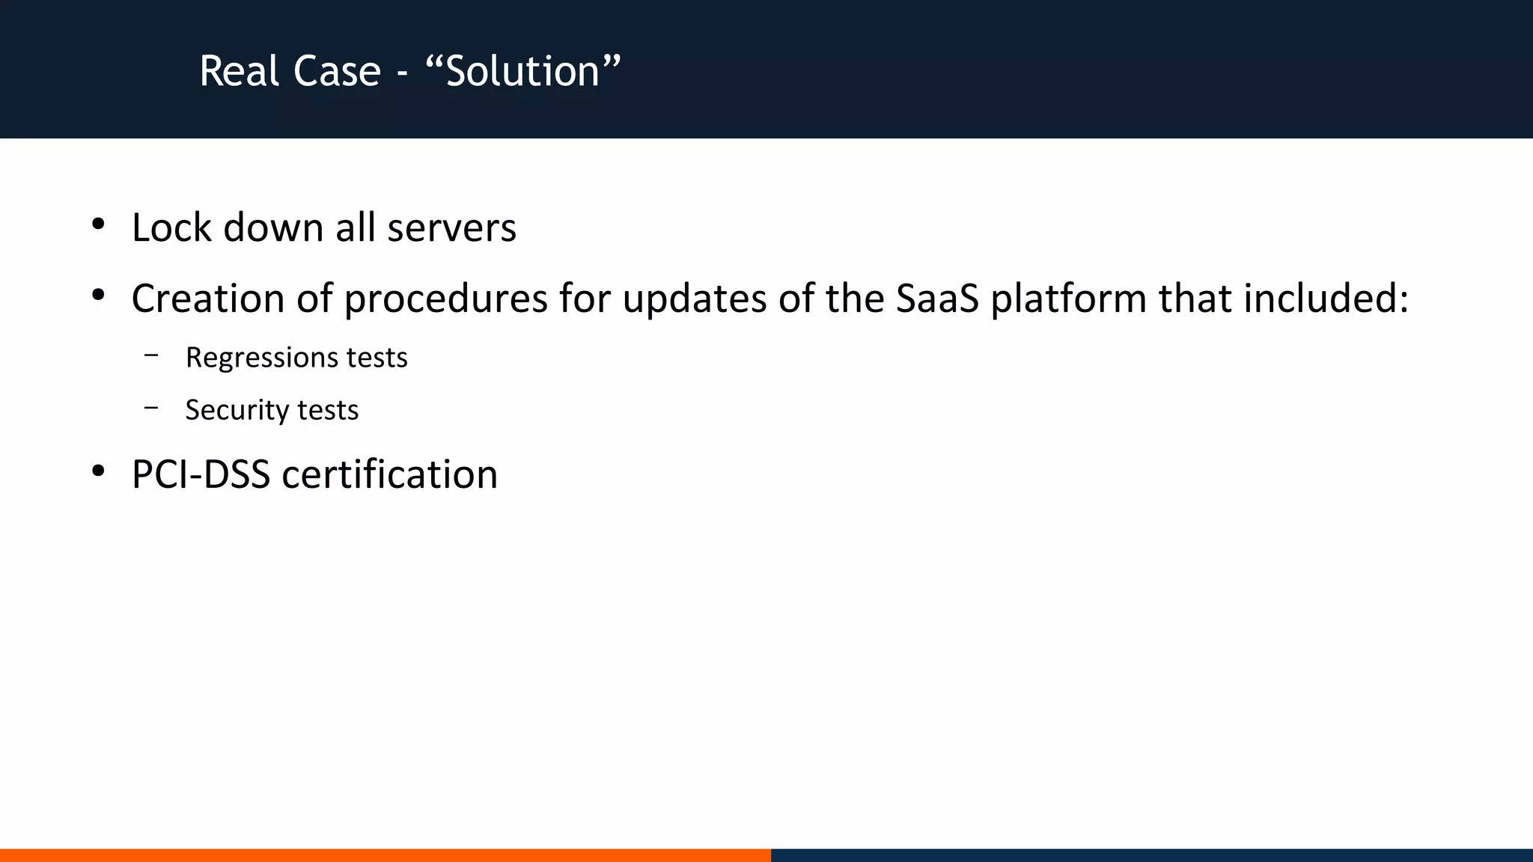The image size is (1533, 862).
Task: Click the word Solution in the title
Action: (x=522, y=72)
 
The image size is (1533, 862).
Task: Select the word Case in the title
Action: (x=337, y=72)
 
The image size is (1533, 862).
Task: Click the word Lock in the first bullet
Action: (x=171, y=227)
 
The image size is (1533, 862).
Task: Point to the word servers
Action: (x=451, y=227)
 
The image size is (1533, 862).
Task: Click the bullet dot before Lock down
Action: (x=98, y=224)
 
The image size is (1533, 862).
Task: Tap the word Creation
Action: (x=207, y=299)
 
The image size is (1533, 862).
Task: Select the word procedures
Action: (x=445, y=299)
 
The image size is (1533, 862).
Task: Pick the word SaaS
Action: (x=937, y=299)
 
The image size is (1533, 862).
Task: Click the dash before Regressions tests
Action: (x=152, y=355)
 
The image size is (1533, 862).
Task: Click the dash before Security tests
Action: (x=152, y=408)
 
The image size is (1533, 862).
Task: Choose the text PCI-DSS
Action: (x=201, y=474)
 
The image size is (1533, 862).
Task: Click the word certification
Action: (x=389, y=474)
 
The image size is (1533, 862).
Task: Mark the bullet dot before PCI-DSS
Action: (x=98, y=471)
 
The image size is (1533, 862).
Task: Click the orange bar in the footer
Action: (x=385, y=855)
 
